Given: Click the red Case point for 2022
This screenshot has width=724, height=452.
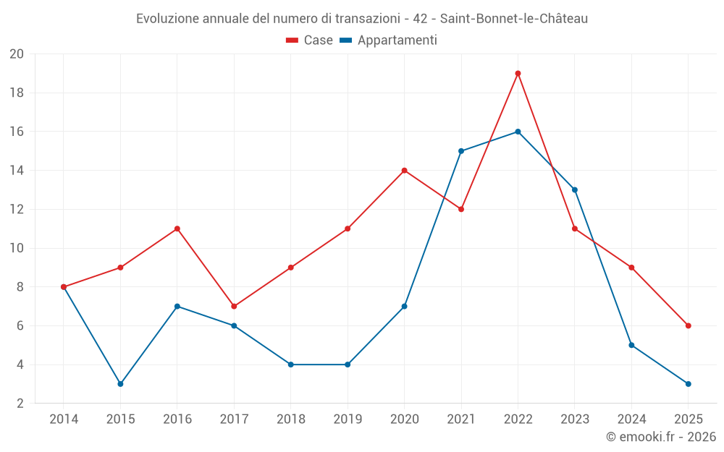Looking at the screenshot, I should point(518,73).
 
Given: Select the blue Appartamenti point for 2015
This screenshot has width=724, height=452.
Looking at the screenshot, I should point(120,384).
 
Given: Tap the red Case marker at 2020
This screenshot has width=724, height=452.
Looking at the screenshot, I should point(404,171).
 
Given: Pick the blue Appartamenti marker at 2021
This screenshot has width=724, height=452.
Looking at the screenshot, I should point(461,151).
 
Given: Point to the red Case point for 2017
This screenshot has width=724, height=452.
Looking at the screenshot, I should point(234,307).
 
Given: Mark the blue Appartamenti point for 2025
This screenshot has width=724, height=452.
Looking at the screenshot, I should point(688,384).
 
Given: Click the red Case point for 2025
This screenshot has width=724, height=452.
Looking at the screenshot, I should point(688,325).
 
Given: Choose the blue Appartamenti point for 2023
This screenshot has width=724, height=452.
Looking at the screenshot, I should point(575,189).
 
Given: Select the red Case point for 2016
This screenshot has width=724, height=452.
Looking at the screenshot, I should point(177,229).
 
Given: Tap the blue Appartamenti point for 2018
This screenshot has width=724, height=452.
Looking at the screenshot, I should point(290,364).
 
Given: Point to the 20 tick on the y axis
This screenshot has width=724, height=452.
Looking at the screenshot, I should point(17,54).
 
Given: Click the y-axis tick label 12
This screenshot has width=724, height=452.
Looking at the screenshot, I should point(17,210).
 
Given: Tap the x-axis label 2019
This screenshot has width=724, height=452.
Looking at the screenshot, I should point(348,419).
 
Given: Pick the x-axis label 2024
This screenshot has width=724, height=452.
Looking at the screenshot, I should point(631,419).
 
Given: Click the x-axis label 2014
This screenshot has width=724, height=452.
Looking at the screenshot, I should point(64,419).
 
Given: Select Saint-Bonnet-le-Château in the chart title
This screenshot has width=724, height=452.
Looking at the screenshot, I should point(514,19).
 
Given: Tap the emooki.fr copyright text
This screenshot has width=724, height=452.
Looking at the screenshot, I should point(661,437).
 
